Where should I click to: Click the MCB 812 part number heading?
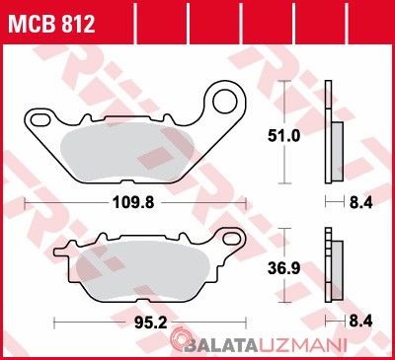pyautogui.click(x=51, y=24)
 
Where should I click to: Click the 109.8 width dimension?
pyautogui.click(x=133, y=202)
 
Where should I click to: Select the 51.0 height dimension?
pyautogui.click(x=283, y=135)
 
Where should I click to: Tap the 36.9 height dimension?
pyautogui.click(x=283, y=268)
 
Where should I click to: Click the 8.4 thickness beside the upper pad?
pyautogui.click(x=360, y=202)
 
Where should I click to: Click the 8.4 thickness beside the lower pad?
pyautogui.click(x=360, y=322)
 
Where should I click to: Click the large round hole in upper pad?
pyautogui.click(x=225, y=101)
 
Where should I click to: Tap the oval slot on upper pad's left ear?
pyautogui.click(x=39, y=119)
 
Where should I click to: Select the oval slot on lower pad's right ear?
pyautogui.click(x=232, y=239)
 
